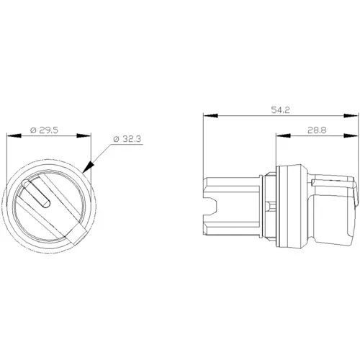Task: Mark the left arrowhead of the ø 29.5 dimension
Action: point(9,136)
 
